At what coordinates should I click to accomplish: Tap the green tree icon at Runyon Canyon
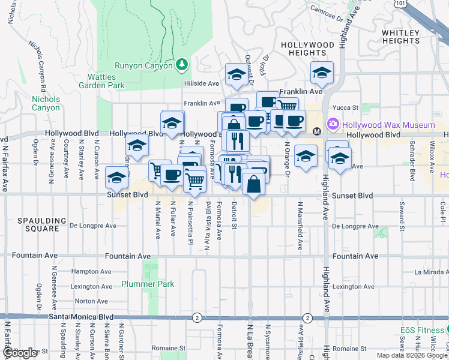tap(181, 64)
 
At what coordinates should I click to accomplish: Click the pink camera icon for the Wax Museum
tap(333, 125)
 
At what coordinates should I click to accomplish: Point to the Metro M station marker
tap(318, 131)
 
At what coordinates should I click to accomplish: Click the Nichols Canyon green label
tap(46, 103)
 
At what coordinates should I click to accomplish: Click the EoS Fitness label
tap(422, 331)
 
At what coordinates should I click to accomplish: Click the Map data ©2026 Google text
tap(411, 355)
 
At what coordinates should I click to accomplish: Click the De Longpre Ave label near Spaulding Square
tap(93, 227)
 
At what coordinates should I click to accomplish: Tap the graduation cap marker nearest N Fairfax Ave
tap(116, 177)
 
